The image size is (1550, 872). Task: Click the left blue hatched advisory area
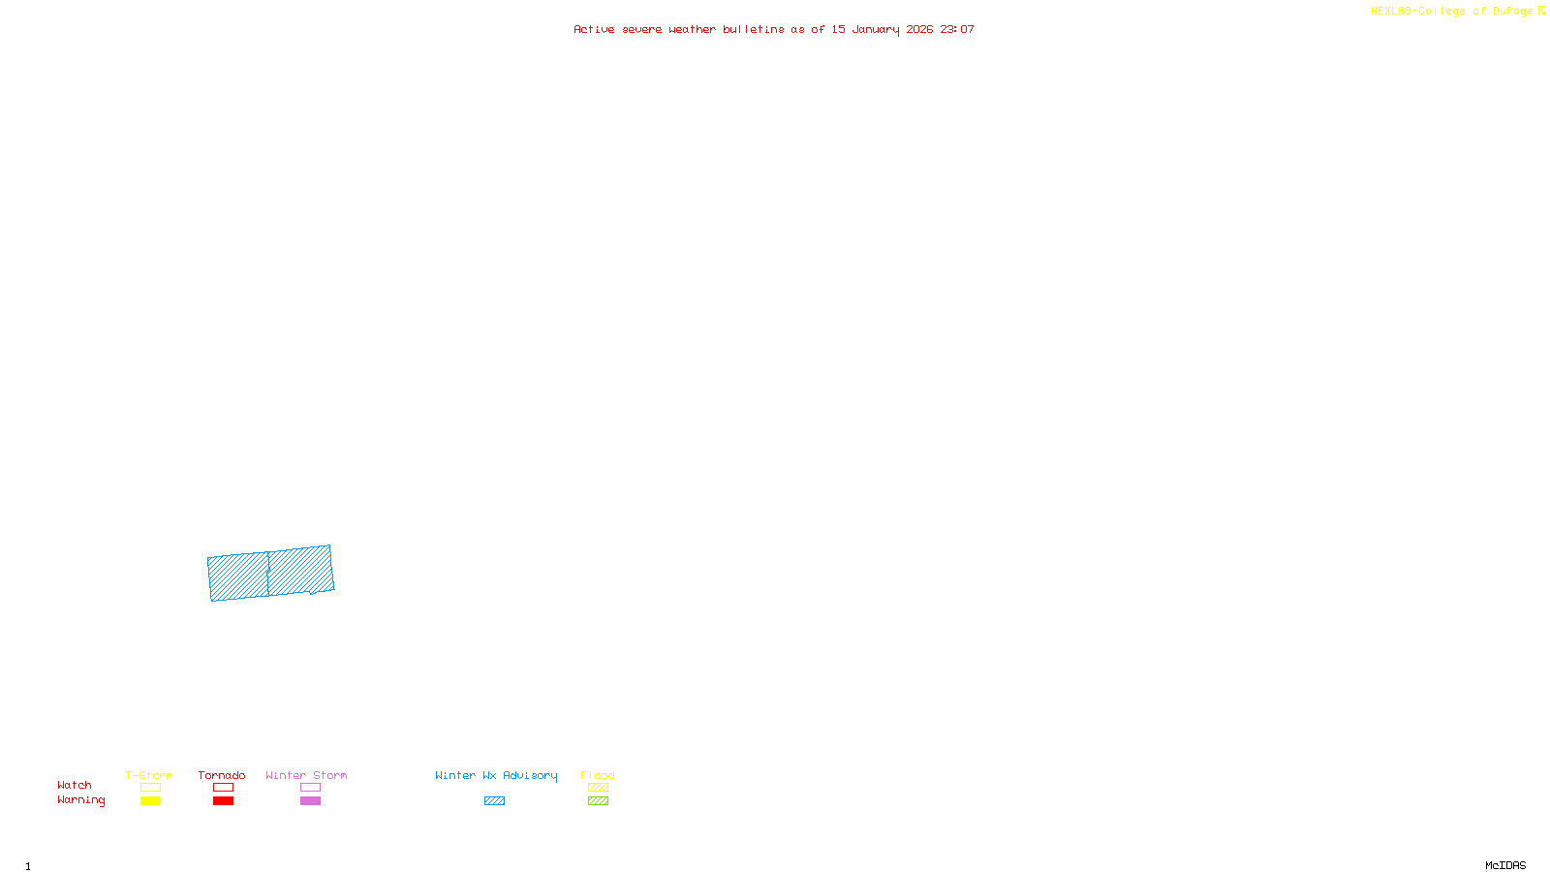[x=238, y=576]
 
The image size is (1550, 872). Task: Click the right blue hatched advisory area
[x=300, y=571]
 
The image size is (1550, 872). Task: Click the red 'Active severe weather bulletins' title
[x=774, y=29]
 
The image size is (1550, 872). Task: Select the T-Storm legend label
[x=149, y=775]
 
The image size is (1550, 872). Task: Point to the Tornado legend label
[x=222, y=775]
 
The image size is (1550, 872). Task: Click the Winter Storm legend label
[x=306, y=775]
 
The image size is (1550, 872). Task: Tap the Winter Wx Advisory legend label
[x=496, y=775]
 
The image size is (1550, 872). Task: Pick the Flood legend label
[x=598, y=775]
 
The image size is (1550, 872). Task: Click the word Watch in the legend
[x=75, y=785]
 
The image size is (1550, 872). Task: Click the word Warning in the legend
[x=81, y=800]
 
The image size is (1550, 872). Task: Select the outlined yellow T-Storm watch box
[x=150, y=788]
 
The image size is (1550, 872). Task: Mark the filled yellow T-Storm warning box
[x=150, y=801]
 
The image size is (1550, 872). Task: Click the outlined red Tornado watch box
[x=223, y=788]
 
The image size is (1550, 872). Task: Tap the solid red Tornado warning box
[x=223, y=801]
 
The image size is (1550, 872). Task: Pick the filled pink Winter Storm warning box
[x=310, y=801]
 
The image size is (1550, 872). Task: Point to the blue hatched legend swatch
[x=494, y=801]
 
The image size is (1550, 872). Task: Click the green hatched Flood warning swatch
[x=598, y=801]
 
